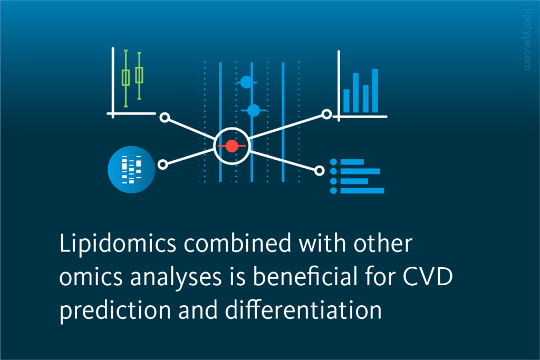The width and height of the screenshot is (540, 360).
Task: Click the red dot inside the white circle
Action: click(232, 145)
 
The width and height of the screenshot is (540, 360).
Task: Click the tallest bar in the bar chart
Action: click(375, 91)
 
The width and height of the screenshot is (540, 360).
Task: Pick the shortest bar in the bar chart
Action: click(346, 101)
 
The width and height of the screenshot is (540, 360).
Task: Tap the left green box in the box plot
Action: click(126, 77)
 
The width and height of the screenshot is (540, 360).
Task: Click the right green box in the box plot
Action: click(139, 75)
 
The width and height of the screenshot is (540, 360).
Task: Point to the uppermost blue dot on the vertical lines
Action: click(246, 82)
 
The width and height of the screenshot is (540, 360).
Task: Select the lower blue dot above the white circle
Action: click(253, 110)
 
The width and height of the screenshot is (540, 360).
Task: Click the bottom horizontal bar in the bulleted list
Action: click(362, 190)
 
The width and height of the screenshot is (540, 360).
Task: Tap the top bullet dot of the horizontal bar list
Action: click(333, 162)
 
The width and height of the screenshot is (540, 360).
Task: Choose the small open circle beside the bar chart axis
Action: click(327, 114)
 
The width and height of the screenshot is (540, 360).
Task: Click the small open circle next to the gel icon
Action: click(163, 164)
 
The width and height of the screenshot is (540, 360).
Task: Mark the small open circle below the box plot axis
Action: click(165, 117)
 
